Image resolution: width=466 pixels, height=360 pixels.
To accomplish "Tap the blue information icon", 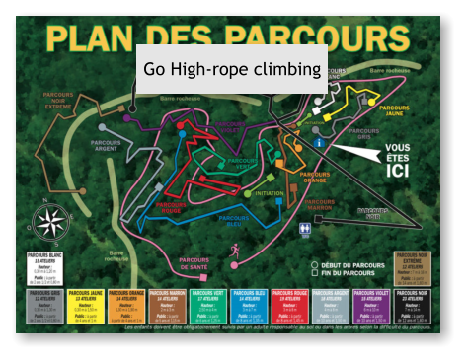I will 319,143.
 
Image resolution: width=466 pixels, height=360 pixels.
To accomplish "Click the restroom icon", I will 306,228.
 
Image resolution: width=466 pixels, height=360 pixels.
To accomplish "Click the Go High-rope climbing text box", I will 232,69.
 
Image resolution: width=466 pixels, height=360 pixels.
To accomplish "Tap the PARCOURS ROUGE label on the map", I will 175,206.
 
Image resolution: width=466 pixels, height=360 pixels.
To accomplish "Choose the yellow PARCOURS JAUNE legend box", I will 86,305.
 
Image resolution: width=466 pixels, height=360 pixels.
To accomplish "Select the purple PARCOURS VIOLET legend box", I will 369,305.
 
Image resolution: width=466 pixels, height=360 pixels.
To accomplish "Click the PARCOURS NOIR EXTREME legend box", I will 416,263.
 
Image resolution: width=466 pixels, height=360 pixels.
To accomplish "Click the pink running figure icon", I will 234,252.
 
